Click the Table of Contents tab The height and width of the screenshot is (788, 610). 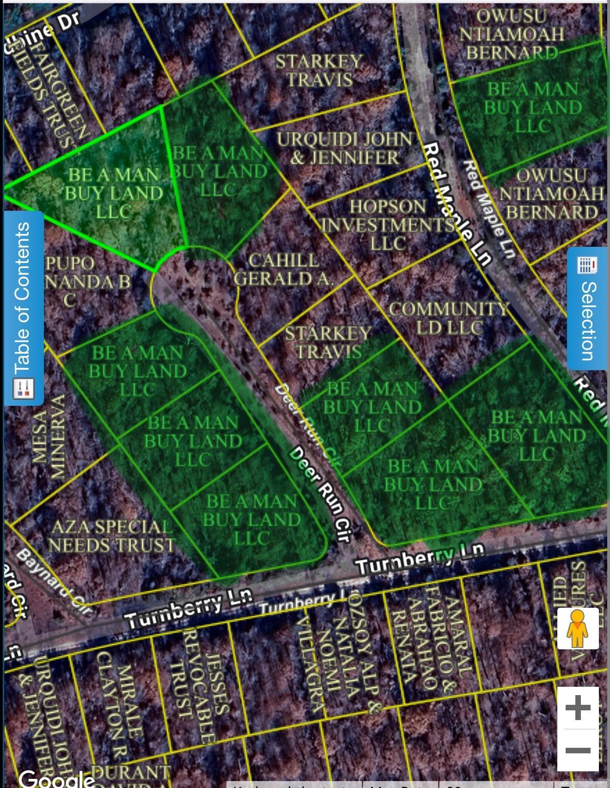click(23, 307)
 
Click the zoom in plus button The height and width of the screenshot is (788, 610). click(578, 707)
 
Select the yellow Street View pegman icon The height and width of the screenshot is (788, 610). click(578, 629)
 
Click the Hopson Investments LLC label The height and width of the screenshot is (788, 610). click(387, 225)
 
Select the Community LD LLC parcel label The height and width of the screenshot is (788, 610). click(448, 318)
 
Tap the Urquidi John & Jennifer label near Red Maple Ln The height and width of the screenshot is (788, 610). click(344, 148)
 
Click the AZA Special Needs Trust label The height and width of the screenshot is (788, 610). click(111, 536)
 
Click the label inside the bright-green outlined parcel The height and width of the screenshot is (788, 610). click(113, 193)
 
